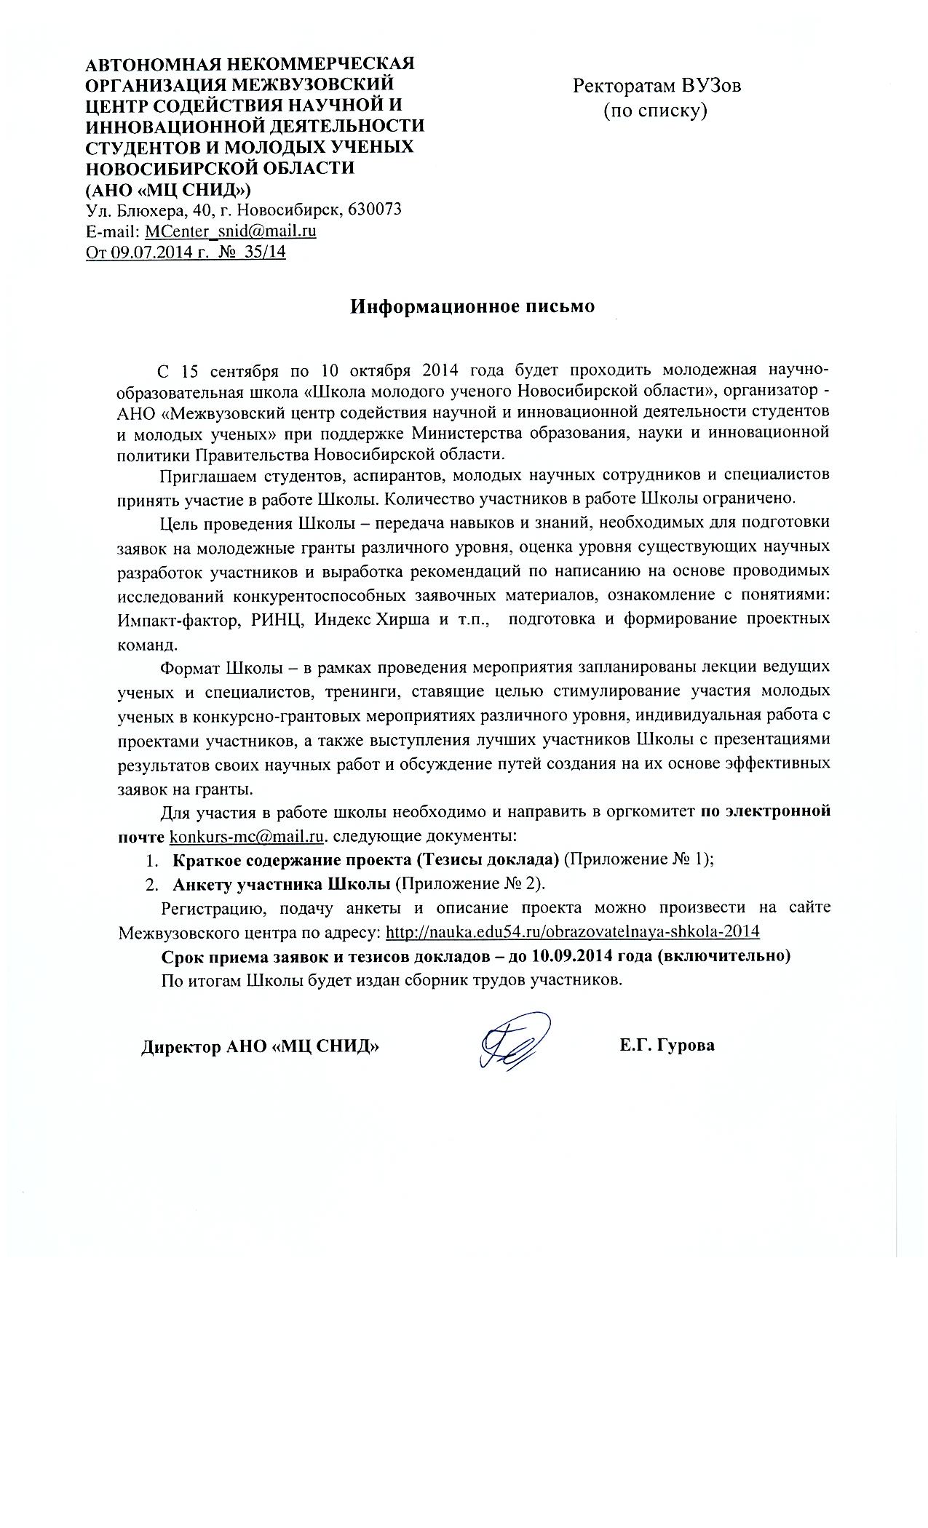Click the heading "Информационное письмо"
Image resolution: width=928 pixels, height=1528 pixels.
click(x=472, y=306)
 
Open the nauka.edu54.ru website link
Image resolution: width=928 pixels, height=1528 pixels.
click(x=572, y=932)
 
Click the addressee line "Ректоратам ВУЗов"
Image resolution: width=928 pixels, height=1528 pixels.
click(x=657, y=86)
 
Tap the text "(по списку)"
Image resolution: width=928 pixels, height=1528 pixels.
click(x=655, y=111)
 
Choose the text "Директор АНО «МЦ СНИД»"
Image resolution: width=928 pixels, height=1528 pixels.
click(x=260, y=1047)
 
